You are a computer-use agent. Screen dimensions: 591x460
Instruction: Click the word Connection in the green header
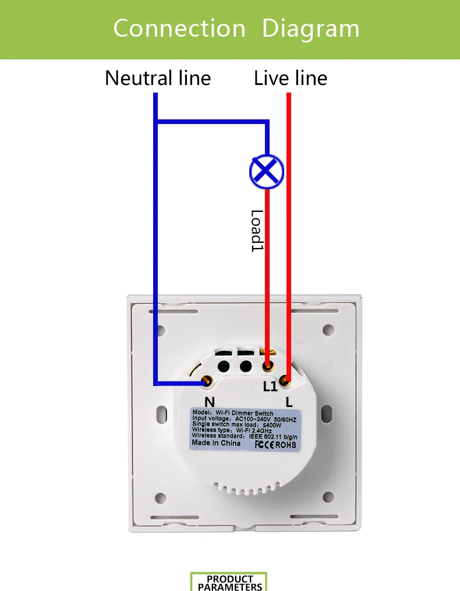coord(179,28)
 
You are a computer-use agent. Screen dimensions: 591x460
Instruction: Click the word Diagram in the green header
coord(310,28)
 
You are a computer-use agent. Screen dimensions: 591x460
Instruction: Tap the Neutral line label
coord(158,78)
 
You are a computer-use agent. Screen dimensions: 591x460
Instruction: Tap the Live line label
coord(291,78)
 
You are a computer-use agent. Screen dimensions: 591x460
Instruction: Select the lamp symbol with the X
coord(266,171)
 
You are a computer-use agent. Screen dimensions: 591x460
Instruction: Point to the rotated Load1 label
coord(257,231)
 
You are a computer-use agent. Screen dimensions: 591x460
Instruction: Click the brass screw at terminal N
coord(206,381)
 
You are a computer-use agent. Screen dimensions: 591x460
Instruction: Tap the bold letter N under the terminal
coord(210,401)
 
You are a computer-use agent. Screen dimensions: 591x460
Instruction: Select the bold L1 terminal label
coord(270,387)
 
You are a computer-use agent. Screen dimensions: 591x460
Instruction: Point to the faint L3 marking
coord(226,385)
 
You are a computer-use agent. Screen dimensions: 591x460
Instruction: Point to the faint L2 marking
coord(246,385)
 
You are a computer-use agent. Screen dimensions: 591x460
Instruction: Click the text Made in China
coord(216,443)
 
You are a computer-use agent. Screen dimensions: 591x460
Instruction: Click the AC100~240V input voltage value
coord(261,419)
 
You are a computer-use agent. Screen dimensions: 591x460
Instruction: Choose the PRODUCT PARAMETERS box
coord(229,582)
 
